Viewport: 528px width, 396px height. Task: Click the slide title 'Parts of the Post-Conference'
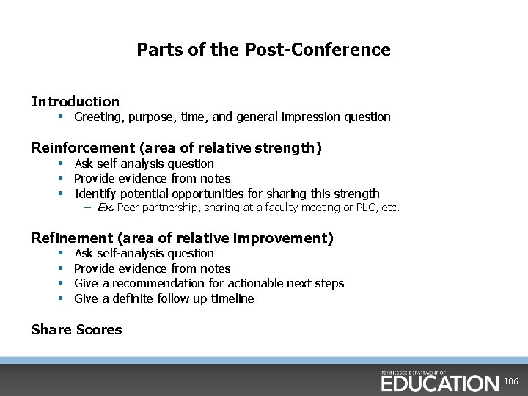263,50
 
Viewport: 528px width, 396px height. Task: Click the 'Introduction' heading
76,101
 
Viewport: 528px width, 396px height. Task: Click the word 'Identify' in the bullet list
95,194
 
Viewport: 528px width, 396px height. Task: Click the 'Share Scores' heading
77,330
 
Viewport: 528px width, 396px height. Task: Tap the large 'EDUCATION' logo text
439,383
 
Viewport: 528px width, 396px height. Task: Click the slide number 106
511,382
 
